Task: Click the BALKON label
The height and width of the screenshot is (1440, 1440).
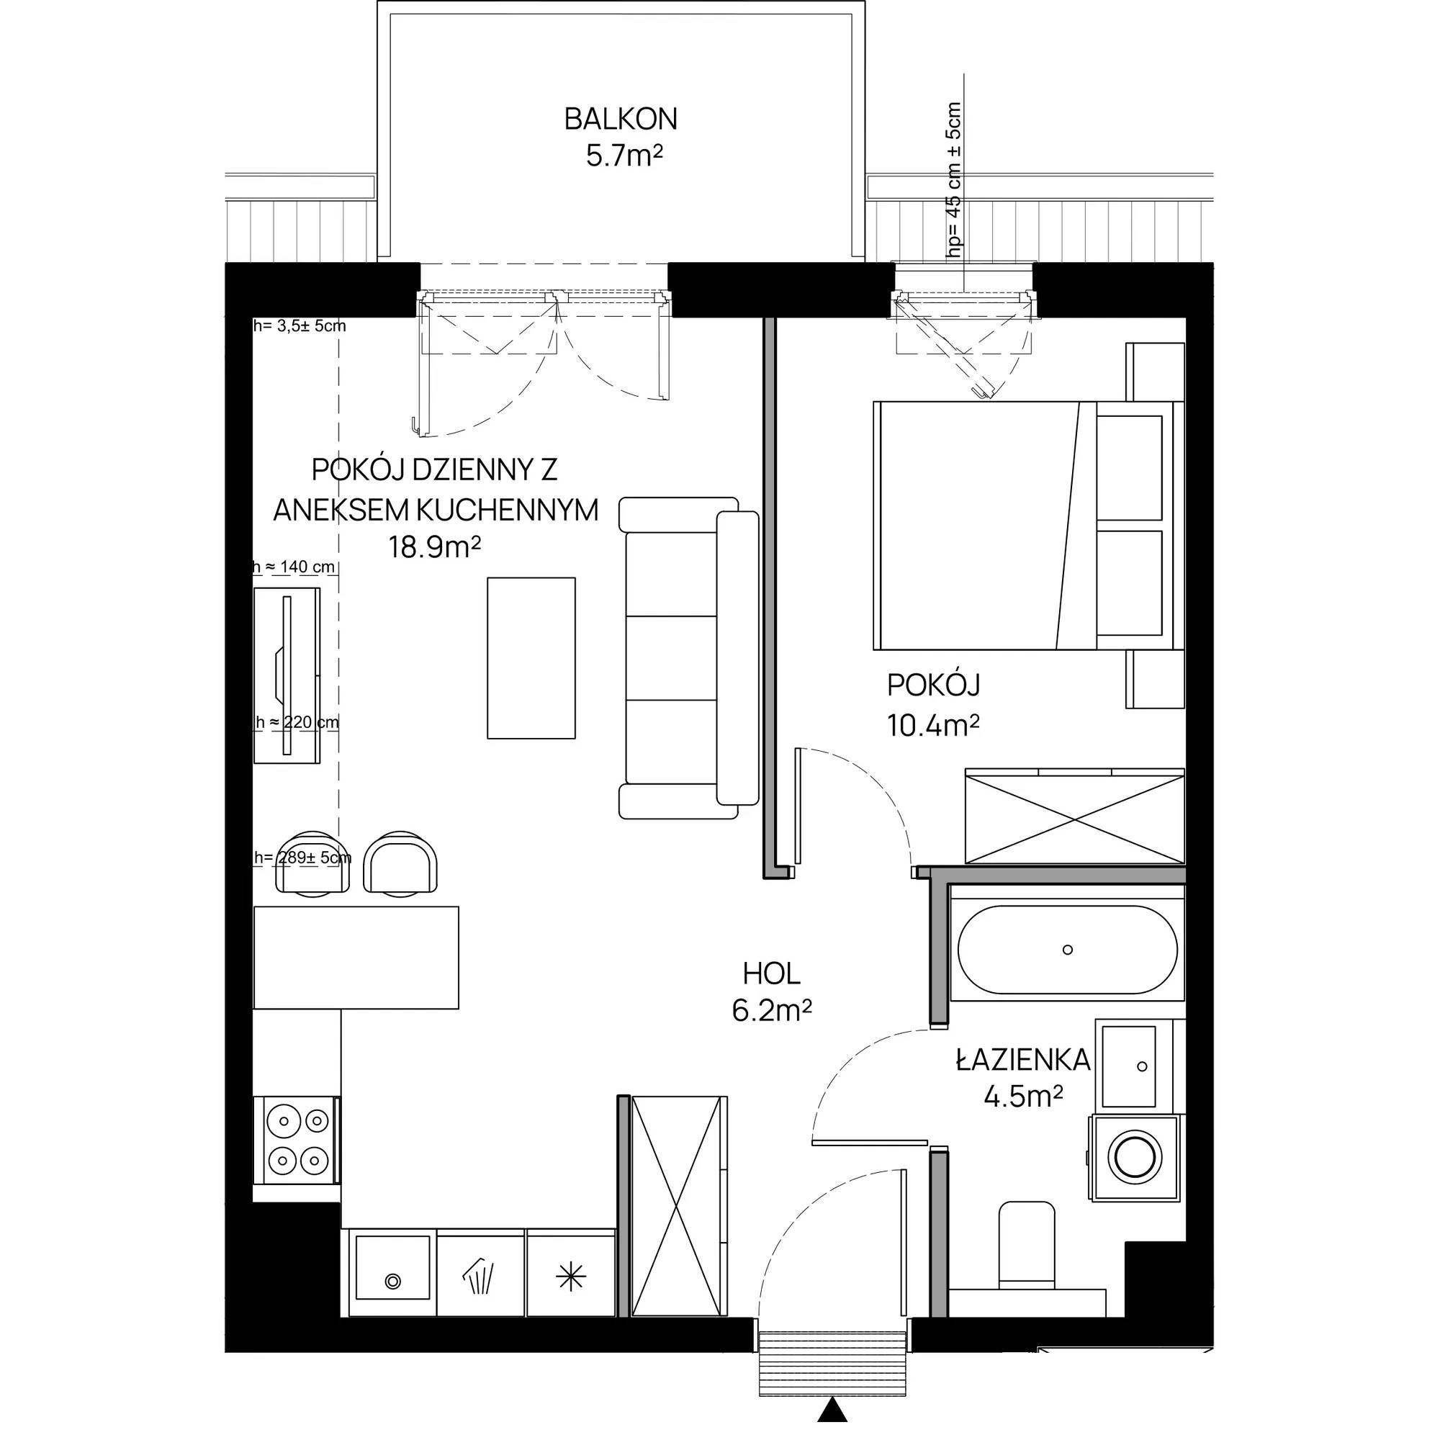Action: (620, 120)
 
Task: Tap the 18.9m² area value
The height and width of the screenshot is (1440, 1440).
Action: (433, 548)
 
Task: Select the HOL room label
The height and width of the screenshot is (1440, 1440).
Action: (771, 973)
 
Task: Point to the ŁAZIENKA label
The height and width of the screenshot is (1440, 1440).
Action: (1022, 1059)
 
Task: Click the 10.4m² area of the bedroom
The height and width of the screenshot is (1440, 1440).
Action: (932, 724)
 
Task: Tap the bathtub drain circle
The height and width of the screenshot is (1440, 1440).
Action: (1067, 950)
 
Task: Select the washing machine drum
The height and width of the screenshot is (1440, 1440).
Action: (1135, 1156)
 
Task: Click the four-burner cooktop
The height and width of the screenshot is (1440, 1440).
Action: (297, 1140)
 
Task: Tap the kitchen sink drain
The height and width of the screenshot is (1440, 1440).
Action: (392, 1282)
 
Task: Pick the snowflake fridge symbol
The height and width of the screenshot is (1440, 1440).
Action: (571, 1278)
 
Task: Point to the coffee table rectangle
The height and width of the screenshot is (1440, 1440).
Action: (531, 658)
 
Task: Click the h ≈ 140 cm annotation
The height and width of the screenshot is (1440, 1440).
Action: (294, 567)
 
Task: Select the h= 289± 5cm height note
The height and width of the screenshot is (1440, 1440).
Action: (302, 857)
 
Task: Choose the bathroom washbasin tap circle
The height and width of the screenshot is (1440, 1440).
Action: (1143, 1066)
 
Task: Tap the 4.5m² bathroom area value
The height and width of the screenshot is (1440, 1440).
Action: (1022, 1097)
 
